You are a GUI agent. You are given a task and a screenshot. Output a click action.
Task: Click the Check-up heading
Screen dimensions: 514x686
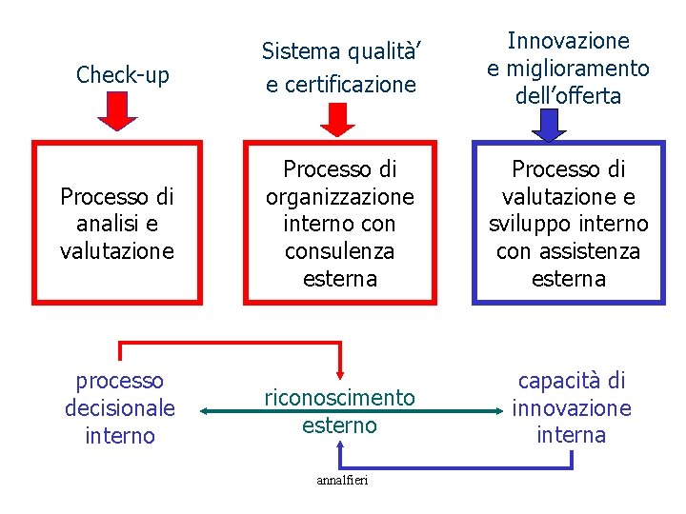pyautogui.click(x=122, y=74)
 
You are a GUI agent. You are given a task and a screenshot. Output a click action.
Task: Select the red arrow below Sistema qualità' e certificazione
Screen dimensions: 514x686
pyautogui.click(x=336, y=117)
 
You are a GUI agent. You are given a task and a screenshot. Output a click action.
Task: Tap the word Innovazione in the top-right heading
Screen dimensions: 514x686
pyautogui.click(x=568, y=41)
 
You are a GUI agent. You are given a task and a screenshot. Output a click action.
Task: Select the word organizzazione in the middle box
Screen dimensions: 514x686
pyautogui.click(x=340, y=197)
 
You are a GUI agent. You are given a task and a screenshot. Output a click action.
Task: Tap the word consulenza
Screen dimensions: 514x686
pyautogui.click(x=340, y=251)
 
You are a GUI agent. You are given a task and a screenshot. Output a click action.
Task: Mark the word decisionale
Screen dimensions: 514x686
pyautogui.click(x=120, y=408)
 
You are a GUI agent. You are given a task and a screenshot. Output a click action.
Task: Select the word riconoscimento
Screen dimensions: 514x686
pyautogui.click(x=340, y=398)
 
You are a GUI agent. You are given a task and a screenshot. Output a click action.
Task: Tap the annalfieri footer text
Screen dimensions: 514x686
pyautogui.click(x=340, y=480)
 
